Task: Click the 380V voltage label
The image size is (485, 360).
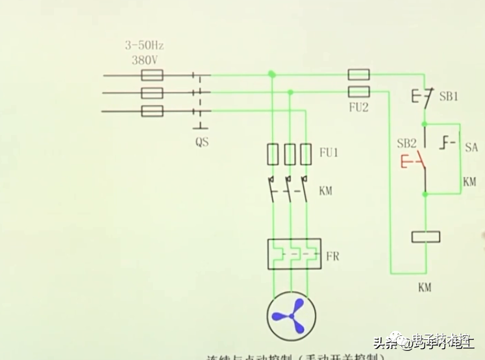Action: click(145, 59)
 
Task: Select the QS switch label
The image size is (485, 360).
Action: click(202, 142)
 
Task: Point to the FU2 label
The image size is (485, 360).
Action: click(358, 108)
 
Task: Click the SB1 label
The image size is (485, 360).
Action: click(449, 97)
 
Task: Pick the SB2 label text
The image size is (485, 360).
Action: click(406, 143)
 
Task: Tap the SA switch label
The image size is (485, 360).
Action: click(471, 148)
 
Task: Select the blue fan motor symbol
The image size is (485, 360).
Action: click(290, 316)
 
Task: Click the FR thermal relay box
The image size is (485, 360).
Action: click(294, 254)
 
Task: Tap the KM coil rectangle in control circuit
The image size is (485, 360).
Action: click(427, 237)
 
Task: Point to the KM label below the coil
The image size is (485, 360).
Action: click(425, 287)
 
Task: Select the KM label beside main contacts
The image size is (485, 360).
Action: click(326, 191)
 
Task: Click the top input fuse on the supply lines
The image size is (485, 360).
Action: click(152, 76)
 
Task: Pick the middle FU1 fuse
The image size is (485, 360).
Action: click(290, 154)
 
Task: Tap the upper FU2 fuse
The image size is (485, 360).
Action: click(359, 75)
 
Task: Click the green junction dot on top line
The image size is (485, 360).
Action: click(272, 75)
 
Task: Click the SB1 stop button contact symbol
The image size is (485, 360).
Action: click(423, 97)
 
